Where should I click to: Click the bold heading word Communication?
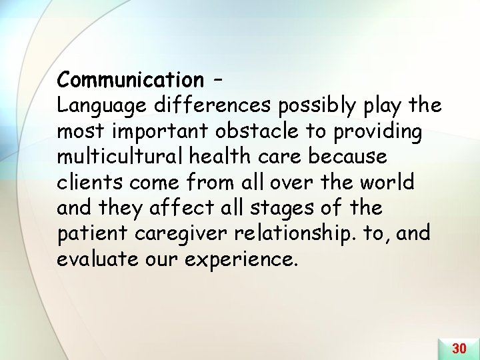click(x=130, y=80)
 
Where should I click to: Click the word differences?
click(x=210, y=105)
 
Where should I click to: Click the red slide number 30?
click(x=459, y=348)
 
